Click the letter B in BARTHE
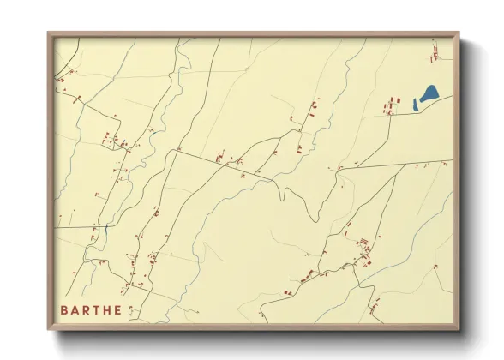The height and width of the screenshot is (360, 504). pyautogui.click(x=64, y=310)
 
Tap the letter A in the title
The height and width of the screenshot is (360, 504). pyautogui.click(x=75, y=310)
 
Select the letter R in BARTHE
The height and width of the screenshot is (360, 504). pyautogui.click(x=87, y=310)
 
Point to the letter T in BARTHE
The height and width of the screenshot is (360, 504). pyautogui.click(x=99, y=310)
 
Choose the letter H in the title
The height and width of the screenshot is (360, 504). pyautogui.click(x=111, y=310)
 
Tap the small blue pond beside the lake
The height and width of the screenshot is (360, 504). pyautogui.click(x=416, y=105)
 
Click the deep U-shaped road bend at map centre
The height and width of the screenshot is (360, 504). pyautogui.click(x=281, y=193)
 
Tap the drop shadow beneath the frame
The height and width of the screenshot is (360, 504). pyautogui.click(x=257, y=337)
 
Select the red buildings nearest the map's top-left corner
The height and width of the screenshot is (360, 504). pyautogui.click(x=61, y=80)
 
